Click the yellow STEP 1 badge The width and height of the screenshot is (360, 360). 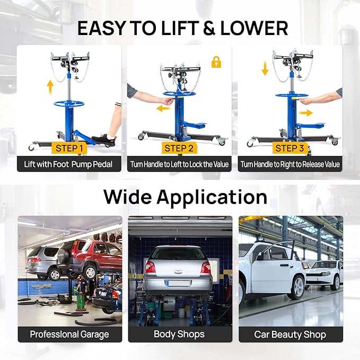tap(69, 148)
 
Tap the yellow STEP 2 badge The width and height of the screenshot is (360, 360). tap(179, 148)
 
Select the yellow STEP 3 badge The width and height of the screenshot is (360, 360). tap(289, 148)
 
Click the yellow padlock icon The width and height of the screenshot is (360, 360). tap(216, 62)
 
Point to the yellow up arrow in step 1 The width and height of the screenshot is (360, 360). tap(50, 86)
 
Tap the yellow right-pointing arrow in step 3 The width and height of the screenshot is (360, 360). tap(305, 112)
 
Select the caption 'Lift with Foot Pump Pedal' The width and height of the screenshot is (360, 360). tap(69, 164)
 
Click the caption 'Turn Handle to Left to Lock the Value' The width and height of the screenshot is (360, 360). tap(180, 164)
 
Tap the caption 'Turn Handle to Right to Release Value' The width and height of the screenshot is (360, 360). tap(289, 164)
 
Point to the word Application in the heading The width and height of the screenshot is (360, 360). tap(215, 197)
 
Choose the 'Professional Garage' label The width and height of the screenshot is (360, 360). tap(69, 334)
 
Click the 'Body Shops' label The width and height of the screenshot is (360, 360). tap(180, 334)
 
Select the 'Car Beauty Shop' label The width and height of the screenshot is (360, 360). tap(290, 334)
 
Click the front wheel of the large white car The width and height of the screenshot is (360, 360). tap(297, 287)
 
